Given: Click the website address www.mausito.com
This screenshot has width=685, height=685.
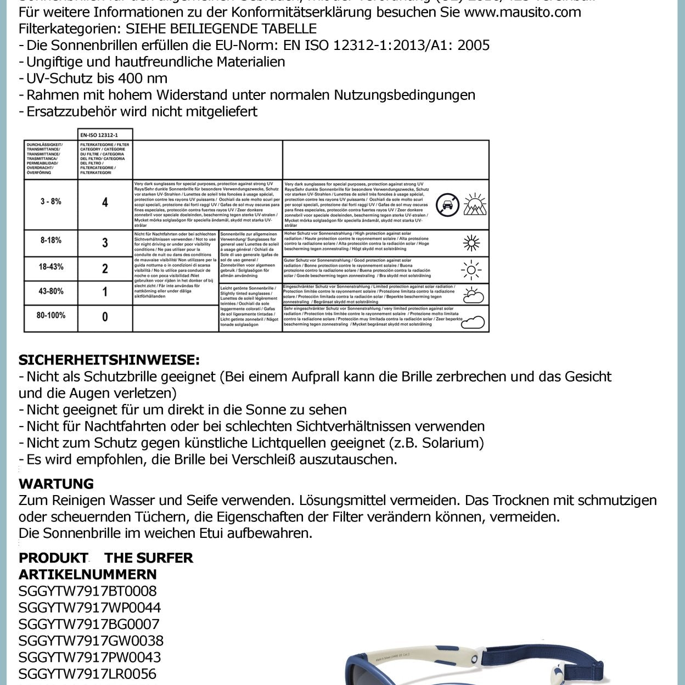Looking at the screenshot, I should pos(522,12).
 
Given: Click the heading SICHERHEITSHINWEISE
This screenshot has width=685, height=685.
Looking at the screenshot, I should pos(109,360).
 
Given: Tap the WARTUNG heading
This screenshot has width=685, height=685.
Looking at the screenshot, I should pos(56,484).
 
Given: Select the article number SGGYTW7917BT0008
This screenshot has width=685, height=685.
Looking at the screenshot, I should pos(87,591).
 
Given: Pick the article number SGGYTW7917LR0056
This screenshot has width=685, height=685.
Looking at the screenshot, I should pos(87,673).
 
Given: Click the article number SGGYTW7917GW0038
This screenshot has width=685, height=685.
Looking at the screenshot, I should pos(91,641).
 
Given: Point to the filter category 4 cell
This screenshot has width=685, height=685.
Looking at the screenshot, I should pos(105,203).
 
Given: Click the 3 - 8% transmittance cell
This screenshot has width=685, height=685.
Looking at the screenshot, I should pos(50,201).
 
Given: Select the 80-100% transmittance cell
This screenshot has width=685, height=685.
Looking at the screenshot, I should pos(51,315).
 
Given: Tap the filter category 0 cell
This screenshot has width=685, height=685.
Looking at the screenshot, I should pos(105,317).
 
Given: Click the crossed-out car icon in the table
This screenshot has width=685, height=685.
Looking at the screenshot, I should pos(447,205).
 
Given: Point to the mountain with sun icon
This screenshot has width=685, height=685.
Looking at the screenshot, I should pos(475,204).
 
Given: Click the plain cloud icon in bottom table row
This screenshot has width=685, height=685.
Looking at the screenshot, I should pos(472,323).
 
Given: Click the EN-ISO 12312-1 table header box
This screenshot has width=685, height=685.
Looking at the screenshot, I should pos(105,134).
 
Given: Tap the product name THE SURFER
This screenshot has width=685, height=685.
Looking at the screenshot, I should pos(149,558).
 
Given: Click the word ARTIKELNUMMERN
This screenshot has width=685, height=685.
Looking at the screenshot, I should pos(87,574).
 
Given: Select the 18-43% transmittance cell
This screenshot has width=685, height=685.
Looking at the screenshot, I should pos(50,267).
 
